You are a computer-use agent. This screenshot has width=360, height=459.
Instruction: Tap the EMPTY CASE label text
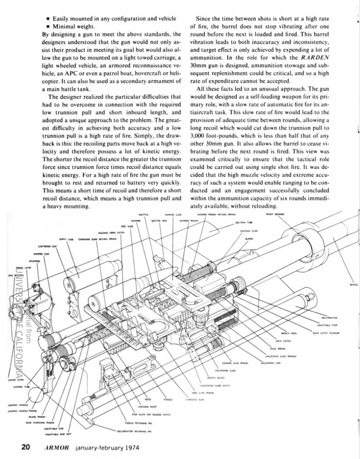click(66, 239)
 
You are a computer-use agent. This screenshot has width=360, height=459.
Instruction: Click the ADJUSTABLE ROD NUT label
click(54, 433)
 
